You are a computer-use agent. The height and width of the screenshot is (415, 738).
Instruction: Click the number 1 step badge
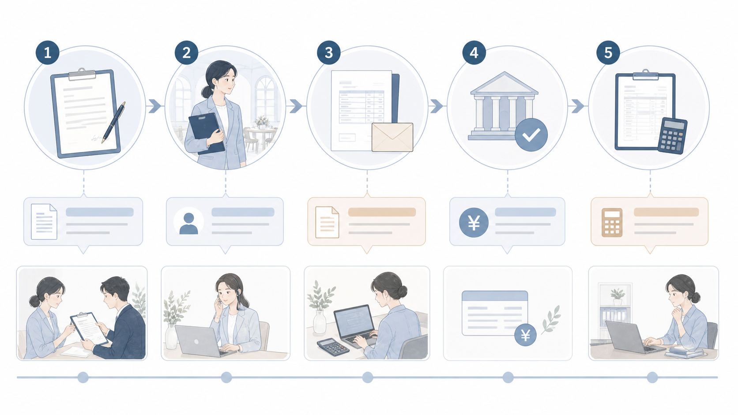[x=47, y=52]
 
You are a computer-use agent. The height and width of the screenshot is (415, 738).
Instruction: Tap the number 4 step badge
[x=474, y=52]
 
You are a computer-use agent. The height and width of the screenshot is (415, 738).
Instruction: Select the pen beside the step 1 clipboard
[x=114, y=122]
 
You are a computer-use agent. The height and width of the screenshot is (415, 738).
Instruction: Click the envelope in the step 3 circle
[x=392, y=137]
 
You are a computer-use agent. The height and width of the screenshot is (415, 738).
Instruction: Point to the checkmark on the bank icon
[x=531, y=135]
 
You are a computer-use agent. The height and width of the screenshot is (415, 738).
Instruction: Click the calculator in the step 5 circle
[x=672, y=135]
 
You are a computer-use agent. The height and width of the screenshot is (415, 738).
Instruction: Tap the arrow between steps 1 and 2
[x=155, y=106]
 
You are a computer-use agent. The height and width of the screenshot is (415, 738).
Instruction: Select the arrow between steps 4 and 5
[x=578, y=106]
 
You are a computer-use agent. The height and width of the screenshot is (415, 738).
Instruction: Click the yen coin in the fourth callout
[x=474, y=222]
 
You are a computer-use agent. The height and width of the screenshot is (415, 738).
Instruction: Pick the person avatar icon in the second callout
[x=188, y=222]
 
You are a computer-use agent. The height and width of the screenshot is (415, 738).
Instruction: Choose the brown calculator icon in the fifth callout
[x=612, y=222]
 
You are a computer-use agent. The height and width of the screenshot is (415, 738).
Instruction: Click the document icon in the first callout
[x=44, y=221]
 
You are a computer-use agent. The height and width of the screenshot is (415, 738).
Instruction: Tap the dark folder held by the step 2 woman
[x=207, y=133]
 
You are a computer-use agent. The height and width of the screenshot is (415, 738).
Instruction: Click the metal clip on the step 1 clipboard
[x=82, y=75]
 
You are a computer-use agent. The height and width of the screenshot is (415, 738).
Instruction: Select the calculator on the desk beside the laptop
[x=333, y=347]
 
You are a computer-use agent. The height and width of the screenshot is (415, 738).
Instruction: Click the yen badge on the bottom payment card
[x=526, y=335]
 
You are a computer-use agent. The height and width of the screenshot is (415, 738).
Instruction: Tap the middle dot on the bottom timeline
[x=368, y=377]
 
